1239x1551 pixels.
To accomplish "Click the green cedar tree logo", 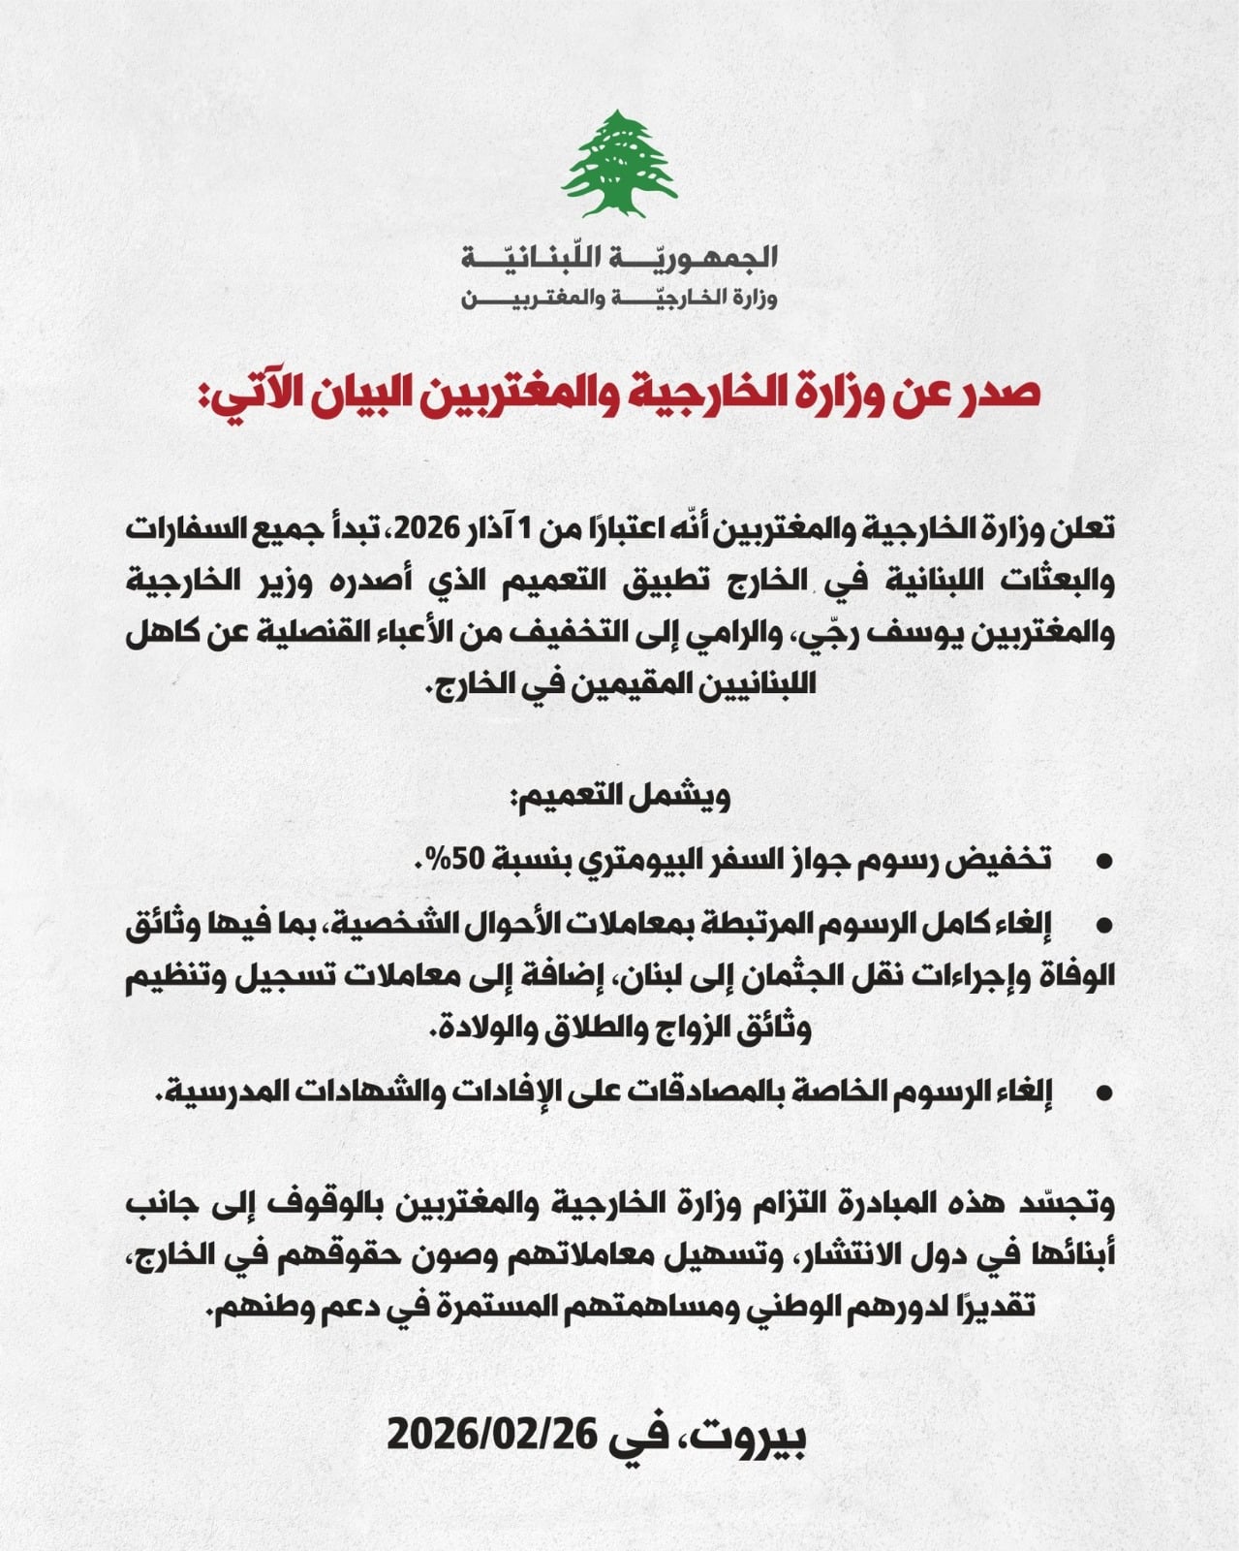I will (620, 163).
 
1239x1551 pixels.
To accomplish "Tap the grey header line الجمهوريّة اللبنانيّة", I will (620, 258).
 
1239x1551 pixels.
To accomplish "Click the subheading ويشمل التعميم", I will (620, 797).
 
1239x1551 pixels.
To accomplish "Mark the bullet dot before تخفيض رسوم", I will (1101, 861).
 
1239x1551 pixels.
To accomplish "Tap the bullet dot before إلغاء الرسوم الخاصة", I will (1101, 1092).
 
